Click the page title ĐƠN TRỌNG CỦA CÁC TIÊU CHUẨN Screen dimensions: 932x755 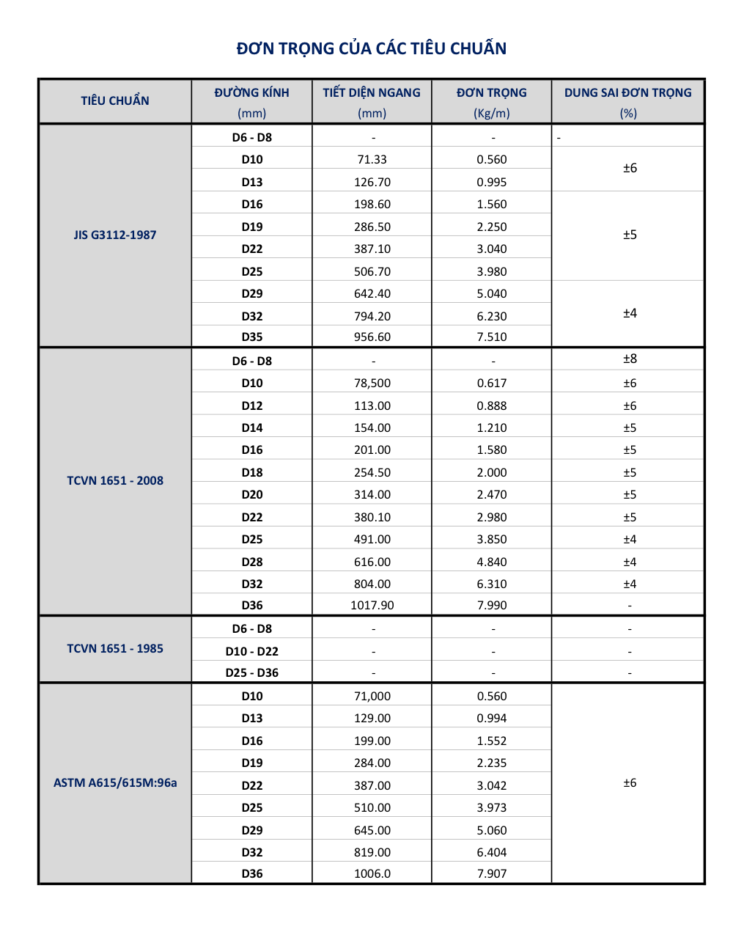click(x=372, y=48)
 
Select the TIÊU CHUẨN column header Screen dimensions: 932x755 click(x=115, y=100)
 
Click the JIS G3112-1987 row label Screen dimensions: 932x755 click(x=115, y=235)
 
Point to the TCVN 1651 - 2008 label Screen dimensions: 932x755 click(x=115, y=480)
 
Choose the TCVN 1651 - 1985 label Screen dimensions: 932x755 click(x=115, y=648)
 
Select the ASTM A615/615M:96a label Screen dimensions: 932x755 click(x=115, y=782)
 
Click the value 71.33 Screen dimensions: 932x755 click(x=372, y=159)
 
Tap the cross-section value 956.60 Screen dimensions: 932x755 click(x=372, y=337)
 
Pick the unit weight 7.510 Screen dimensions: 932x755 click(x=492, y=337)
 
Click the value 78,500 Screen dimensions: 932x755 click(x=372, y=383)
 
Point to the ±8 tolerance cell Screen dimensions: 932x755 click(x=630, y=359)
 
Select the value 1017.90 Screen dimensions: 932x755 click(x=372, y=605)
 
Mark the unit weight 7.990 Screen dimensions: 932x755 click(x=492, y=605)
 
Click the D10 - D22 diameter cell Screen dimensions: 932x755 click(x=252, y=651)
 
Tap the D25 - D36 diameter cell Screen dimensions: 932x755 click(x=252, y=672)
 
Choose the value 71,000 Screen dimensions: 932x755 click(x=372, y=696)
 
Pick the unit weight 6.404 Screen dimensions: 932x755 click(x=492, y=852)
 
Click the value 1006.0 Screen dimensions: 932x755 click(x=372, y=873)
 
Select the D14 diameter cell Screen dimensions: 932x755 click(x=252, y=428)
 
